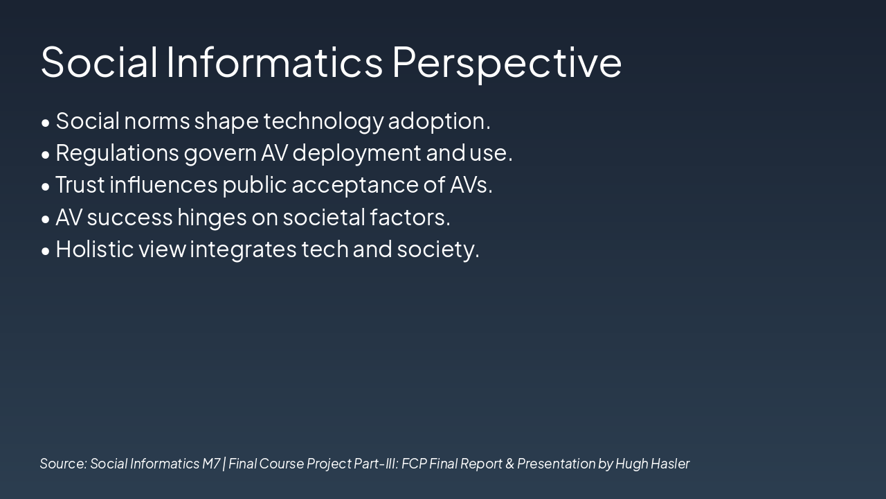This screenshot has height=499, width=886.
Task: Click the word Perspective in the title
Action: click(507, 63)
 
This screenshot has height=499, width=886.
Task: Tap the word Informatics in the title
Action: click(275, 62)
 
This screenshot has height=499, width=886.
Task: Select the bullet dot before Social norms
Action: click(46, 123)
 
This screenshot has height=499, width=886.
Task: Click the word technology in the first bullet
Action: click(323, 121)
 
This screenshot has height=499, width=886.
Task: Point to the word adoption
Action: click(439, 121)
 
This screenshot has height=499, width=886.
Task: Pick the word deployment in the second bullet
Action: click(356, 153)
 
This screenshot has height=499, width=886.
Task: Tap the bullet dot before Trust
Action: click(46, 187)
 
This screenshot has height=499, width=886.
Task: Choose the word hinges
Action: click(212, 218)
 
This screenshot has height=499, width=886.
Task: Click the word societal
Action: click(324, 218)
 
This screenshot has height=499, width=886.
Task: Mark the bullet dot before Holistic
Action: click(46, 251)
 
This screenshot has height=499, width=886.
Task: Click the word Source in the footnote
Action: click(63, 464)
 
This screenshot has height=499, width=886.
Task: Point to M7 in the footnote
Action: click(211, 464)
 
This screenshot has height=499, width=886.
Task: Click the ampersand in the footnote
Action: click(509, 464)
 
